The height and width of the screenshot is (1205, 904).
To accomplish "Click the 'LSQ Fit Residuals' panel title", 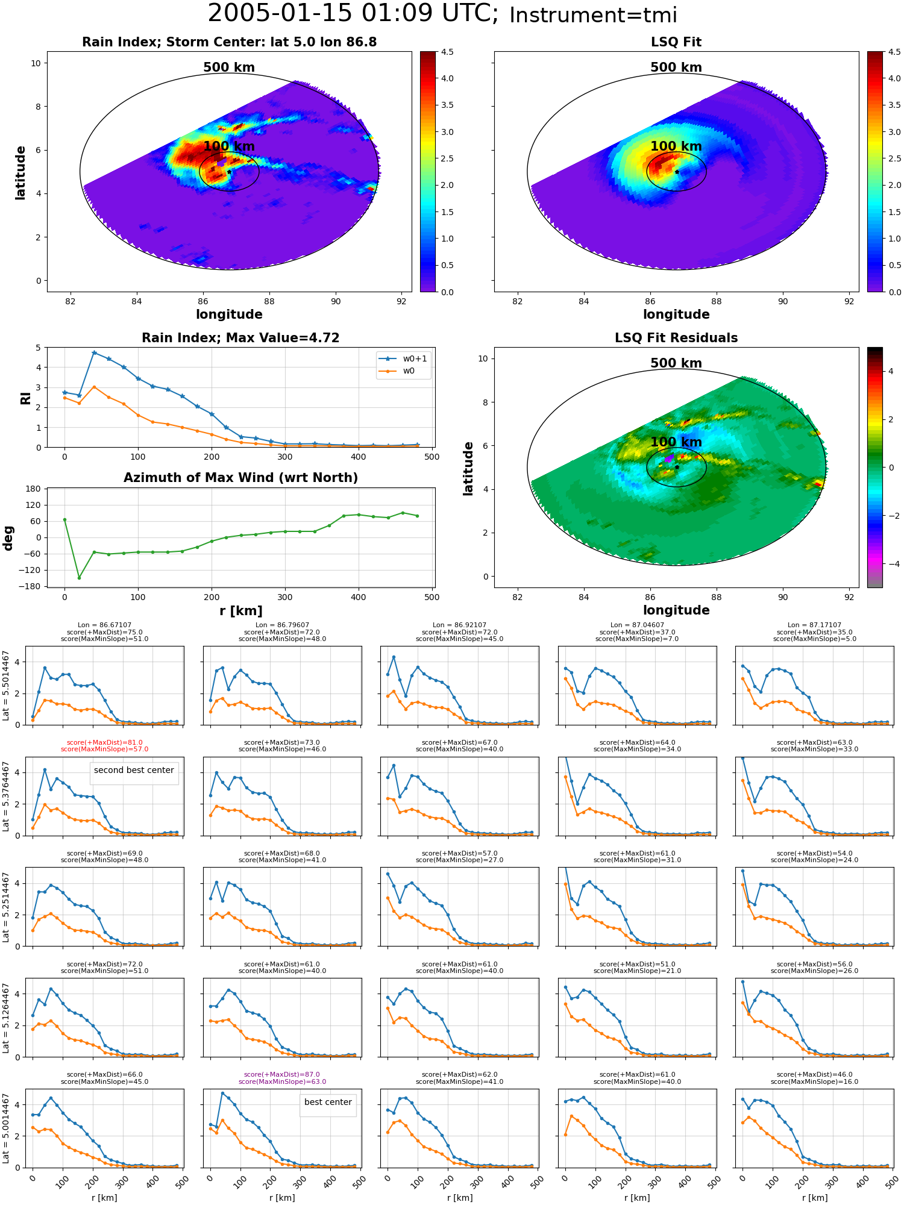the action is (676, 338).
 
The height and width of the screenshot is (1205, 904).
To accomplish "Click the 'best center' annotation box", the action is (328, 1102).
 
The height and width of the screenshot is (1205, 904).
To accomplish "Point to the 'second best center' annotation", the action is (134, 770).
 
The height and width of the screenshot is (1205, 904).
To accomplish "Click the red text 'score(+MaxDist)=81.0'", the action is (105, 743).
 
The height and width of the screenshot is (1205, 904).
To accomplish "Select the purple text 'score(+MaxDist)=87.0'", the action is (282, 1075).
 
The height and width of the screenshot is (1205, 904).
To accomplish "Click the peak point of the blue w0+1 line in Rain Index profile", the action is (94, 352).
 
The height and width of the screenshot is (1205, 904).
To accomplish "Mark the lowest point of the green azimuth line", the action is (79, 578).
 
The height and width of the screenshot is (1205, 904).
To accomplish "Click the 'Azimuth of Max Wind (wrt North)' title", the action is (240, 478).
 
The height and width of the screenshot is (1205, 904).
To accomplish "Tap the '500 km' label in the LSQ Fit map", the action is (676, 67).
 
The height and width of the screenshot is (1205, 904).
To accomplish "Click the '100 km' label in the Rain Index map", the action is (229, 146).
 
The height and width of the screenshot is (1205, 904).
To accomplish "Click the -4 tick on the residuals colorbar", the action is (891, 564).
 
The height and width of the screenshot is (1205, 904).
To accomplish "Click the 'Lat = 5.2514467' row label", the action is (6, 907).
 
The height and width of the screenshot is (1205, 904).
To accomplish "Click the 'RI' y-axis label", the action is (25, 398).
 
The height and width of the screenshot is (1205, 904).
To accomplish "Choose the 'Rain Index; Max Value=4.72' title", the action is (240, 338).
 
